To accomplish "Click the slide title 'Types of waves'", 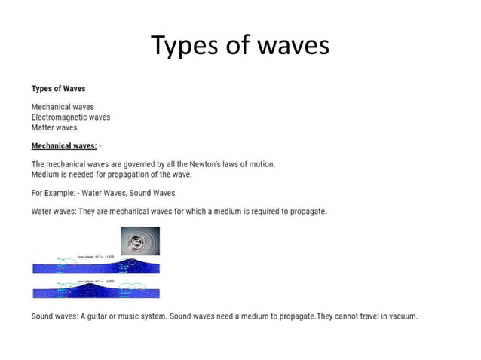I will [240, 46].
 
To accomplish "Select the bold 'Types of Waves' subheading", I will [58, 89].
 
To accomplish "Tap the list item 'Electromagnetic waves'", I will [71, 117].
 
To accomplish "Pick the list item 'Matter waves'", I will [54, 127].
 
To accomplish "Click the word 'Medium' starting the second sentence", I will [46, 174].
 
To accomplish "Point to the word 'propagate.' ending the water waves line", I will [305, 212].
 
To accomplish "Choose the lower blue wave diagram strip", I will [96, 289].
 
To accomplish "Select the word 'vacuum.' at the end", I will [401, 316].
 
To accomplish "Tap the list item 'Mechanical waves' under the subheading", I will [63, 108].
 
